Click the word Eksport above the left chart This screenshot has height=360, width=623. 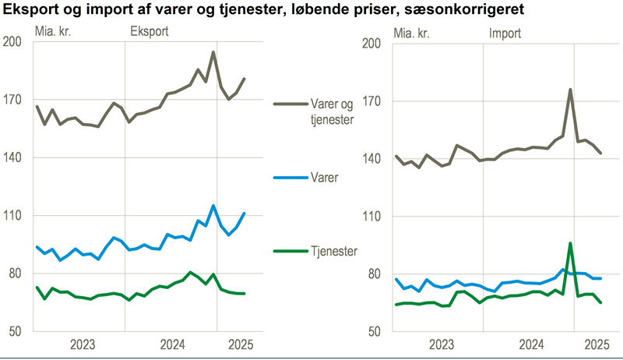150,33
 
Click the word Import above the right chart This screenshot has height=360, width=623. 505,34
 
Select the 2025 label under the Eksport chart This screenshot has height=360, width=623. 238,344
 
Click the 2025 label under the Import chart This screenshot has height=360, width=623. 596,344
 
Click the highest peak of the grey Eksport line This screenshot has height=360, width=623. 213,52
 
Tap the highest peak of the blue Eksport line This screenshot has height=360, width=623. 213,206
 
